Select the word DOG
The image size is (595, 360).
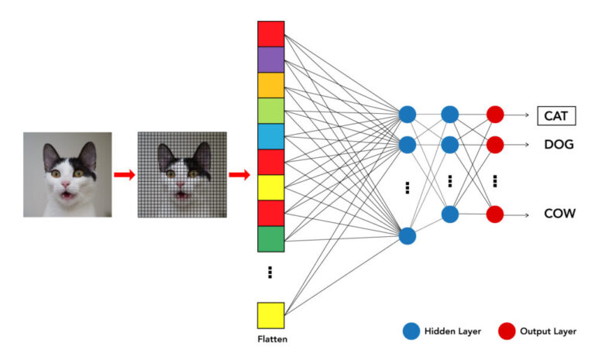558,144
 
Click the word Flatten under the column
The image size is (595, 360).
271,338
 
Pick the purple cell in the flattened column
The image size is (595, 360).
271,60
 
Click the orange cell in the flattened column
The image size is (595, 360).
271,85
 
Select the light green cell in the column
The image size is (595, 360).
271,111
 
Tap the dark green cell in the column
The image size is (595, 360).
271,238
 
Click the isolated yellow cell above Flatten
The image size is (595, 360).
271,315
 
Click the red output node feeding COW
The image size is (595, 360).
495,213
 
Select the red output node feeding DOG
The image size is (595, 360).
495,145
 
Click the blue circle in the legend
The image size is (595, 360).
410,331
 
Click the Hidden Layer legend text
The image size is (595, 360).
452,331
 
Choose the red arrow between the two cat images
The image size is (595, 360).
124,174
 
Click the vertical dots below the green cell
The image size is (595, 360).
270,272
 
